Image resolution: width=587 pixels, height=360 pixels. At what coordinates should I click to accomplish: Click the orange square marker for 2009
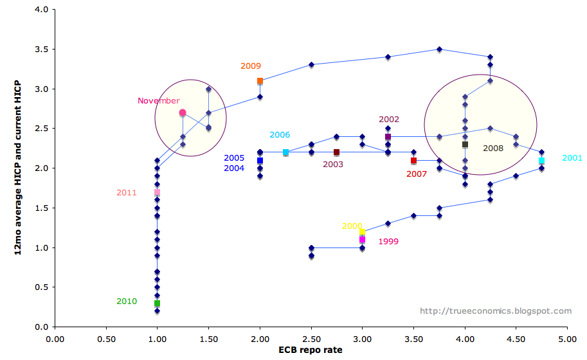tap(260, 81)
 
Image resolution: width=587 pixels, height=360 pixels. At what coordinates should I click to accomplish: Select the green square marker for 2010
tap(157, 303)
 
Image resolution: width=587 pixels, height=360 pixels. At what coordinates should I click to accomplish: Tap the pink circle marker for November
tap(183, 113)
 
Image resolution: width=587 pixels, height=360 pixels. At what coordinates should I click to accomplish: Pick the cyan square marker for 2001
tap(541, 161)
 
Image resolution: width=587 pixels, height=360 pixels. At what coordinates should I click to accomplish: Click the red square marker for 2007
tap(413, 161)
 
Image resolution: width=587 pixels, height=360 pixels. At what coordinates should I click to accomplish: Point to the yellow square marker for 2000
tap(362, 232)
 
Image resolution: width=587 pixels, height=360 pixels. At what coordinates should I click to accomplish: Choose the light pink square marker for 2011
tap(157, 192)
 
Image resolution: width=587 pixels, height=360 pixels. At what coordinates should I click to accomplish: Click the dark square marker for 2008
tap(465, 145)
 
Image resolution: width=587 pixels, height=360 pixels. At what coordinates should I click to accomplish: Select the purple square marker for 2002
tap(388, 136)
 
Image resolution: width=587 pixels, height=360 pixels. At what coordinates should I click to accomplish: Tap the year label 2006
tap(280, 135)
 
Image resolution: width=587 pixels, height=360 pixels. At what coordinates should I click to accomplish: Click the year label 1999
tap(388, 242)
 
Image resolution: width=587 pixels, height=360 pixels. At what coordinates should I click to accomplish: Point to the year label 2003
tap(333, 165)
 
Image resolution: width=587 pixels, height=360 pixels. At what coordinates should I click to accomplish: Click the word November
tap(158, 101)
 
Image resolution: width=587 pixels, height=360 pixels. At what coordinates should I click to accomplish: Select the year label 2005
tap(234, 158)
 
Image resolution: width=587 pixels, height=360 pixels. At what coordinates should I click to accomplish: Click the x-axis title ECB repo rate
tap(311, 350)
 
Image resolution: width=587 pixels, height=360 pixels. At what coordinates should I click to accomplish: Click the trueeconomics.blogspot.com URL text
tap(495, 311)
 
